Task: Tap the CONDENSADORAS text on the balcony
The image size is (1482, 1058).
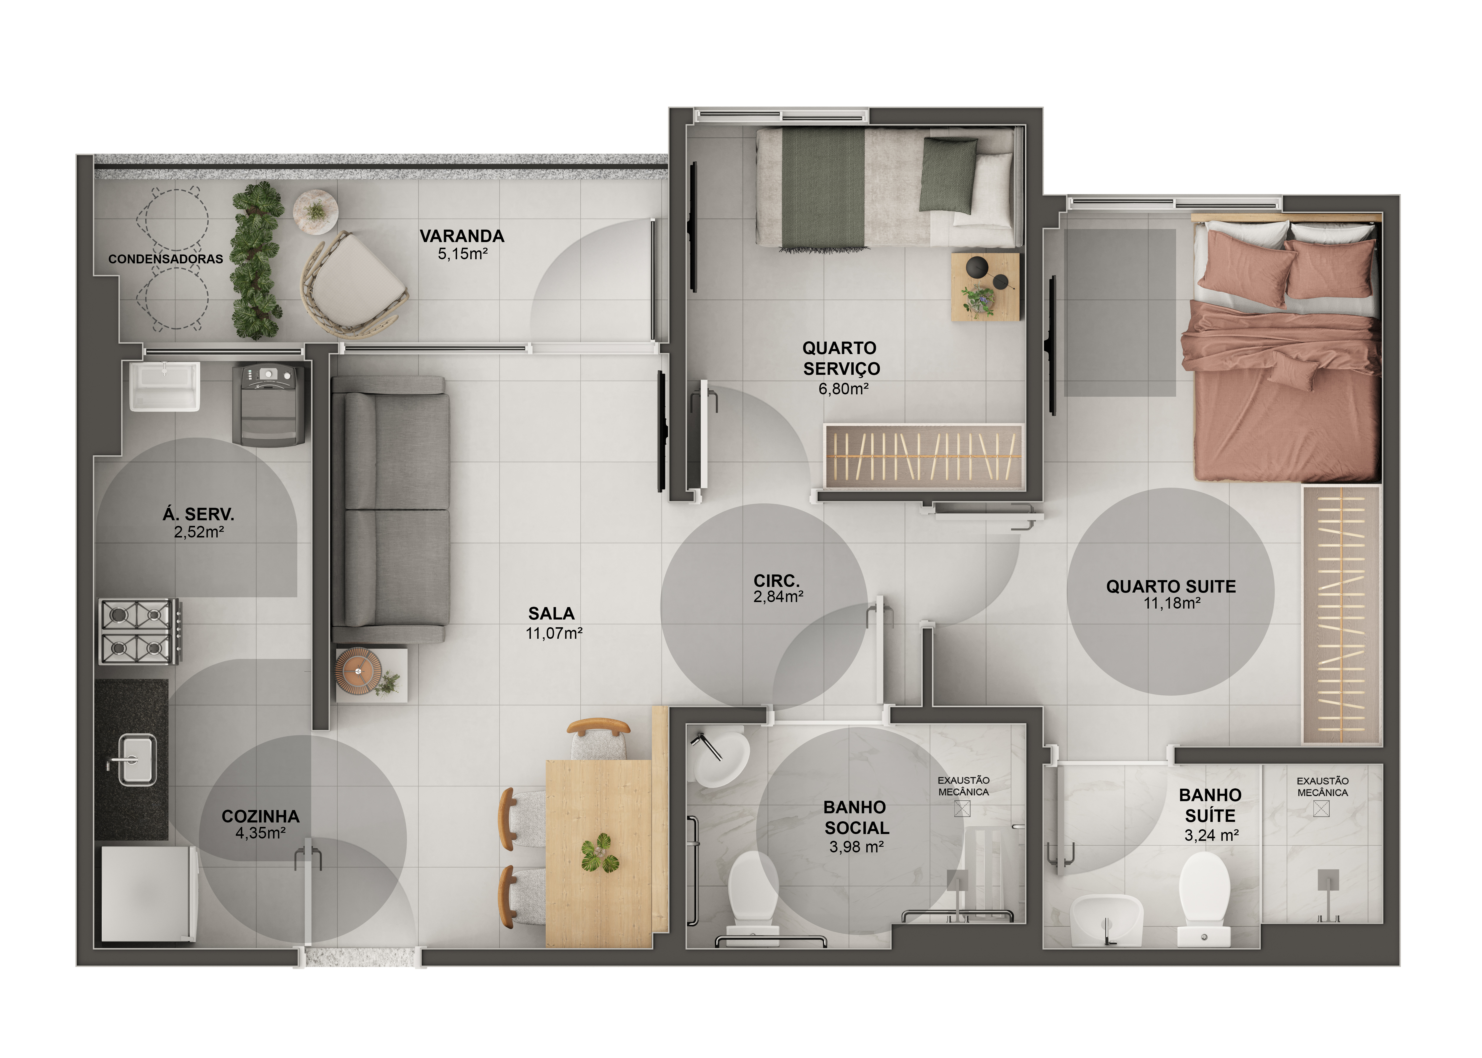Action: tap(165, 259)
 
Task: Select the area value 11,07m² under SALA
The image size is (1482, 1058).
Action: tap(554, 633)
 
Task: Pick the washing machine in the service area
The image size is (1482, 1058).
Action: tap(269, 405)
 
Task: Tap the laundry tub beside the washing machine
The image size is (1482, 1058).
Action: tap(164, 387)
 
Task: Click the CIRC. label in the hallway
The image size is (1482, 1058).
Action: tap(776, 580)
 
